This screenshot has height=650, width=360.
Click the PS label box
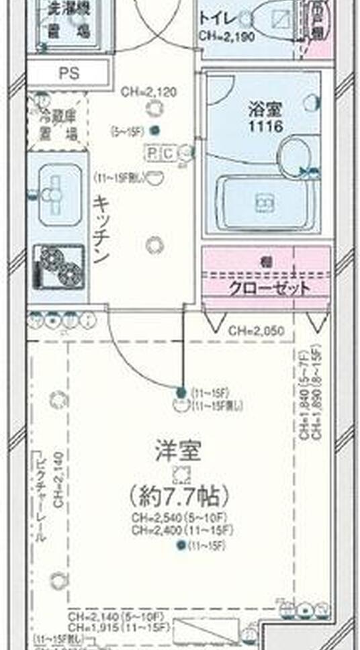pos(69,73)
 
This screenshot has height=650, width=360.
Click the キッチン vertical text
pos(101,229)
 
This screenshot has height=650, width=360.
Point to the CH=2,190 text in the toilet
pos(226,37)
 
